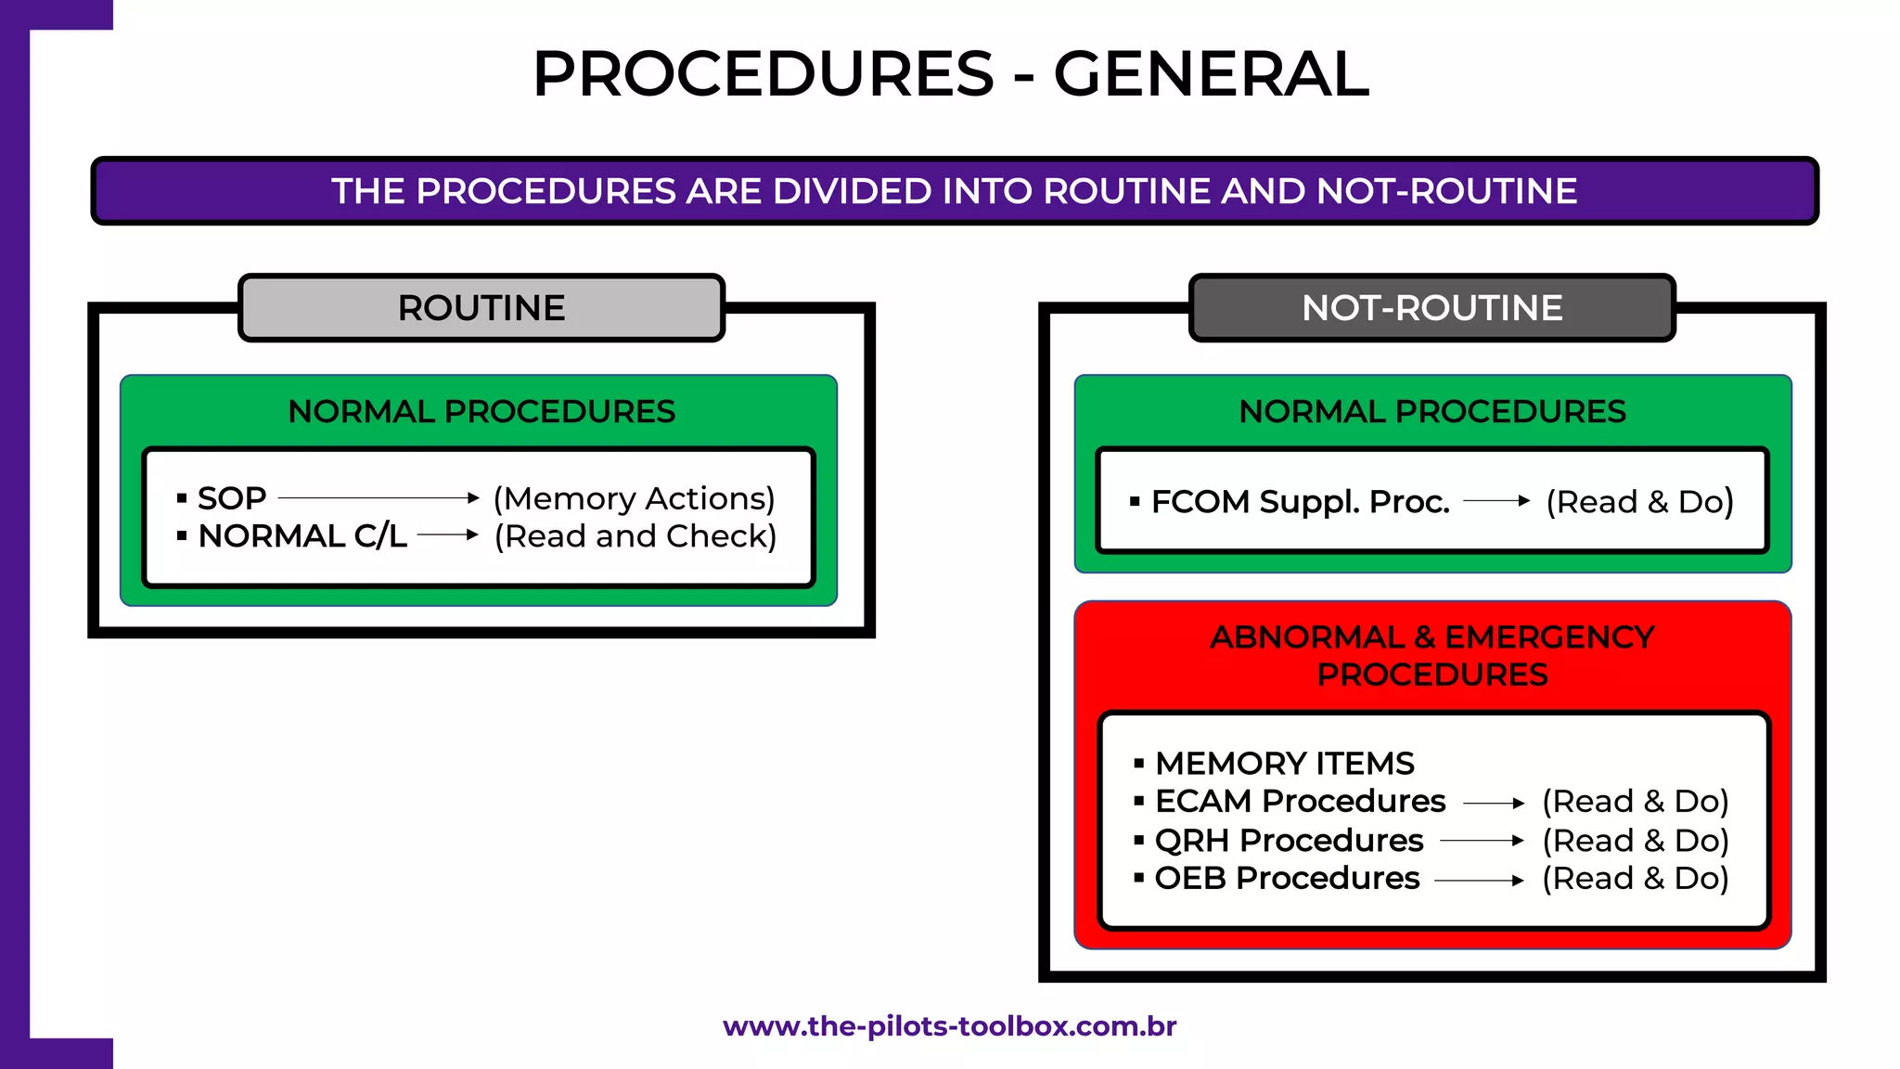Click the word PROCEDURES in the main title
pyautogui.click(x=763, y=74)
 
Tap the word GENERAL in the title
pyautogui.click(x=1211, y=74)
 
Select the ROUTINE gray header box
pyautogui.click(x=481, y=308)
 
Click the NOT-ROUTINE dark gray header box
pyautogui.click(x=1431, y=308)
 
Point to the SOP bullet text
pyautogui.click(x=232, y=498)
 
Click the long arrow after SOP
pyautogui.click(x=379, y=498)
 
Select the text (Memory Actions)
pyautogui.click(x=634, y=498)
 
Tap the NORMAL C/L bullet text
pyautogui.click(x=302, y=535)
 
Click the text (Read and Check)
pyautogui.click(x=635, y=535)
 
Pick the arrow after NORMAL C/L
pyautogui.click(x=447, y=534)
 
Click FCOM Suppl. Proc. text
pyautogui.click(x=1299, y=501)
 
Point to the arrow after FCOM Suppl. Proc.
pyautogui.click(x=1496, y=501)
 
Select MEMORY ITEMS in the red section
pyautogui.click(x=1284, y=763)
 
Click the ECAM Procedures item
pyautogui.click(x=1299, y=801)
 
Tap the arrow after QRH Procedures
pyautogui.click(x=1482, y=841)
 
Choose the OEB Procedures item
pyautogui.click(x=1286, y=878)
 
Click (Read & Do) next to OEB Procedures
pyautogui.click(x=1635, y=878)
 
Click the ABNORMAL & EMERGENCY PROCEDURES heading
pyautogui.click(x=1431, y=655)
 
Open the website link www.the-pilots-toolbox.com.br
pyautogui.click(x=949, y=1026)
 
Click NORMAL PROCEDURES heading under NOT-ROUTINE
pyautogui.click(x=1431, y=411)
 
